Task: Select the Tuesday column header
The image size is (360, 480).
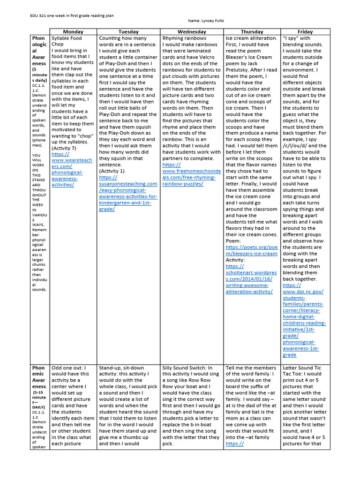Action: [128, 31]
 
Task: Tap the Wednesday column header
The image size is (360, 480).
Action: [192, 31]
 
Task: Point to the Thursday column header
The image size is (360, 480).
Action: [252, 31]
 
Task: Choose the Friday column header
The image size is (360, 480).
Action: [305, 31]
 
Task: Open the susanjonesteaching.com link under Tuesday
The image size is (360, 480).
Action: [128, 190]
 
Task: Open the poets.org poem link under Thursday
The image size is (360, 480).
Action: [251, 250]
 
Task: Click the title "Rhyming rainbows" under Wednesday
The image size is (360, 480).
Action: [183, 38]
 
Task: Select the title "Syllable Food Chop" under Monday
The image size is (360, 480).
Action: [67, 41]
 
